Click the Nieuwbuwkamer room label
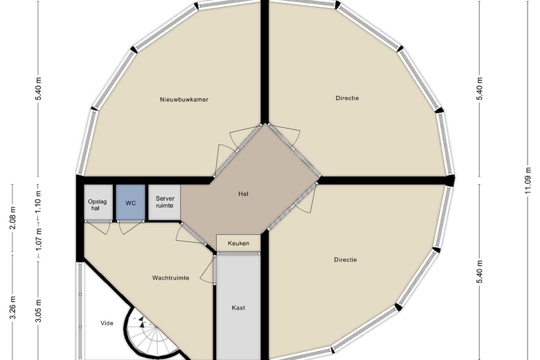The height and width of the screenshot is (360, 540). click(184, 100)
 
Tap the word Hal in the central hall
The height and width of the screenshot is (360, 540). click(243, 194)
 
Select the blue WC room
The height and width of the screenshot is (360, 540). click(131, 202)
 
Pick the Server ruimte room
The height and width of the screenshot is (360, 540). click(165, 202)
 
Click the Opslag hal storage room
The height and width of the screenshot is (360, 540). click(98, 202)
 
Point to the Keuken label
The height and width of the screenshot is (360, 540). click(238, 243)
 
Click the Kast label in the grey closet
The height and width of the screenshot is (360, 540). click(238, 307)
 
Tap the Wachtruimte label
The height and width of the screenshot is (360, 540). click(170, 278)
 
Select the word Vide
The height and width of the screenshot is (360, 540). click(107, 323)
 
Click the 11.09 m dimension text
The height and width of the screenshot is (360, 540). click(528, 181)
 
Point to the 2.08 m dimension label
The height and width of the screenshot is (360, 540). click(12, 217)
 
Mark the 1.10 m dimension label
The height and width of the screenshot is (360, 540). click(38, 203)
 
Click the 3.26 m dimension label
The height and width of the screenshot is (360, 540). click(12, 307)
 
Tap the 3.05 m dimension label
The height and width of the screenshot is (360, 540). click(38, 311)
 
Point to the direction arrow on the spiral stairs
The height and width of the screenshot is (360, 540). click(141, 322)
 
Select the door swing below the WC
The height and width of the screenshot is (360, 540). click(130, 227)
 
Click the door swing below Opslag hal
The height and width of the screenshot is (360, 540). click(98, 227)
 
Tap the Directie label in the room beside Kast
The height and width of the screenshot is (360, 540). click(345, 260)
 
